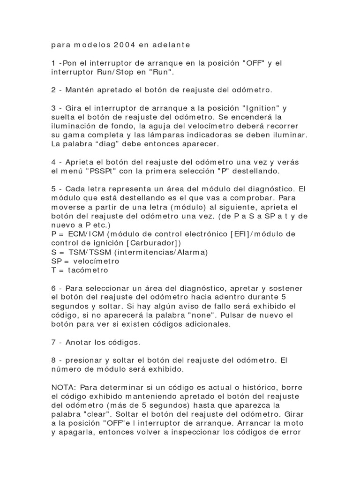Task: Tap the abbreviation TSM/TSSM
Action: (84, 252)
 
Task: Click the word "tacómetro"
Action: (88, 270)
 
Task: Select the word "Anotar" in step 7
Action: (79, 342)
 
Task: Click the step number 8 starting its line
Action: (53, 360)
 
